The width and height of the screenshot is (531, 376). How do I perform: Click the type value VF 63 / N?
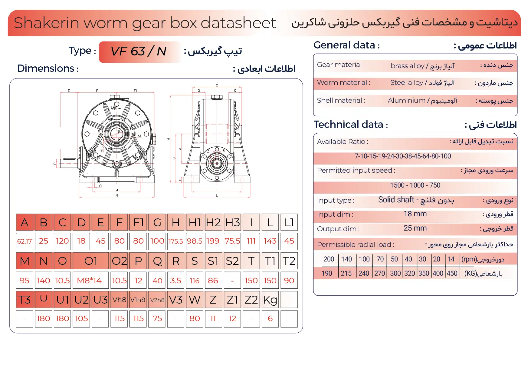[x=139, y=52]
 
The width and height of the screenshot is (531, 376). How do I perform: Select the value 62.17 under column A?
[x=25, y=241]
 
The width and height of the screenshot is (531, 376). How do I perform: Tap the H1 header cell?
[x=195, y=222]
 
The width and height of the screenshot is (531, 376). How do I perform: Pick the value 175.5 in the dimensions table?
[x=176, y=241]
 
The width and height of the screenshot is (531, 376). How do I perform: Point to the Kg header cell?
[x=270, y=300]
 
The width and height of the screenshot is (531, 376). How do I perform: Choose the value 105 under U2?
[x=81, y=319]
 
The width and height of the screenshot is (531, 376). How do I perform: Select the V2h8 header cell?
[x=157, y=300]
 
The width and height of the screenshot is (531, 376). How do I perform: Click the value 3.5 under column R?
[x=176, y=281]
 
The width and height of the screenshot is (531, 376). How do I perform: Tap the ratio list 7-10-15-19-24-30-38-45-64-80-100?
[x=403, y=156]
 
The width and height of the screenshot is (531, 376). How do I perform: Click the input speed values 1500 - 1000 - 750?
[x=415, y=185]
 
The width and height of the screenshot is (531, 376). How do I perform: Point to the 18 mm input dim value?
[x=415, y=214]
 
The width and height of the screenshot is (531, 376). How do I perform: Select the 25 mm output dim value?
[x=415, y=228]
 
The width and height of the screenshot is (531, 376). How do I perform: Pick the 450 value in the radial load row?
[x=452, y=274]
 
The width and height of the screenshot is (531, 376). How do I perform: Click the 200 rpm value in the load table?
[x=329, y=259]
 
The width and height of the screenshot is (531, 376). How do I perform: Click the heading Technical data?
[x=348, y=125]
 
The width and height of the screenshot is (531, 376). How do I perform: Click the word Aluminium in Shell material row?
[x=406, y=101]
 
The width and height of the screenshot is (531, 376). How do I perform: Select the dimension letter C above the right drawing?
[x=217, y=85]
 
